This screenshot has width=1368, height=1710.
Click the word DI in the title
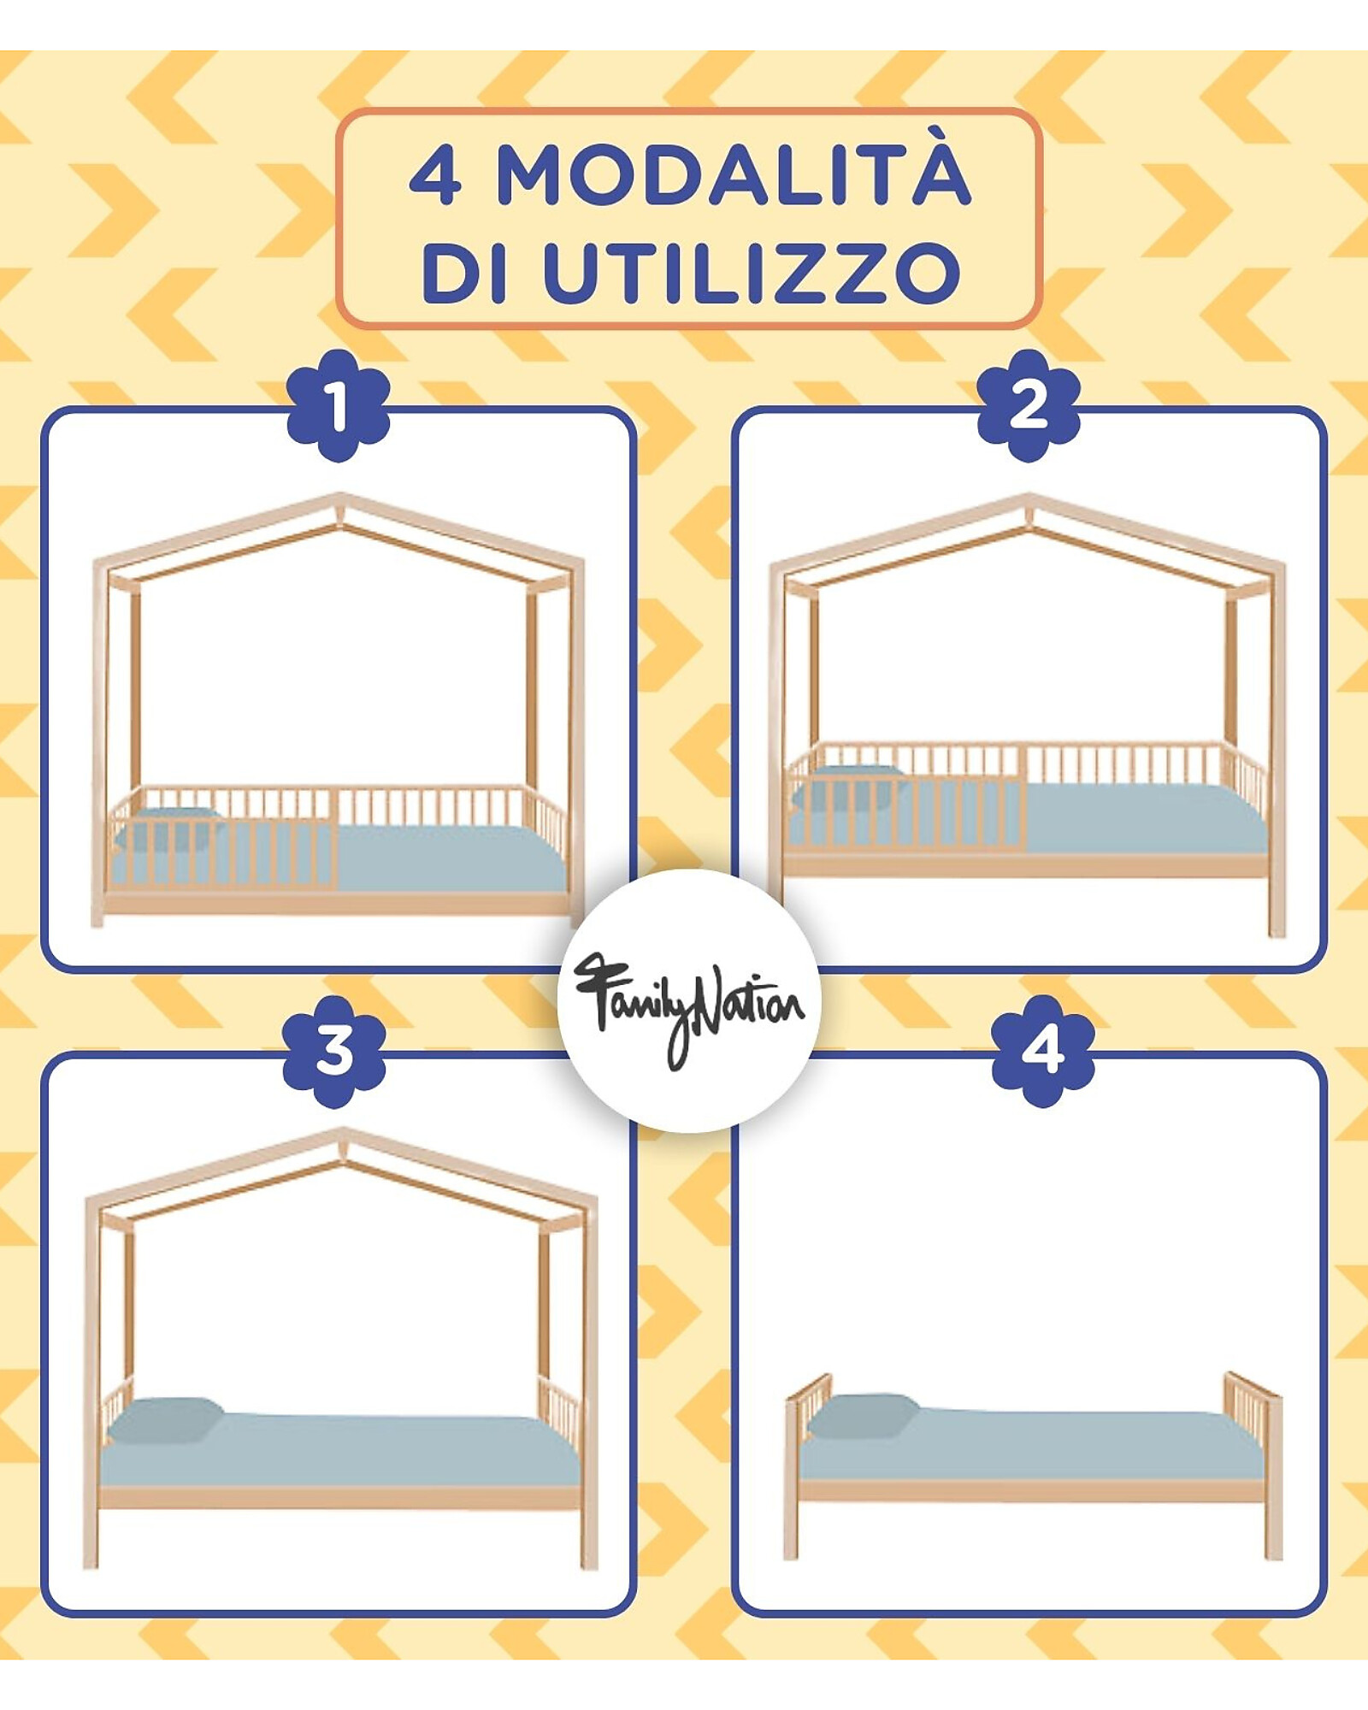click(465, 273)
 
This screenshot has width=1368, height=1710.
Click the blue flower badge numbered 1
click(338, 405)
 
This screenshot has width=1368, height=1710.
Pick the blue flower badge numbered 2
click(1029, 405)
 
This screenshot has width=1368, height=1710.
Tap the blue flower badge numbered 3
click(334, 1051)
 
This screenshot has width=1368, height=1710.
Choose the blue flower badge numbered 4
click(1043, 1051)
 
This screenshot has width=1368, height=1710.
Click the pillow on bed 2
click(846, 787)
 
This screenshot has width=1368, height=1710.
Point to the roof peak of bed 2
click(1029, 497)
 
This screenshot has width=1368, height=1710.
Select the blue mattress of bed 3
click(340, 1448)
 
